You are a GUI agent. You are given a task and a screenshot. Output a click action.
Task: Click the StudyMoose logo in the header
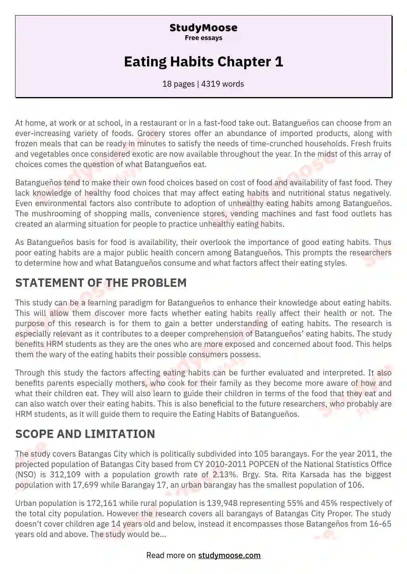[x=203, y=28]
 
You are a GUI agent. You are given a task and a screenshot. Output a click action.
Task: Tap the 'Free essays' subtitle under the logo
[x=203, y=38]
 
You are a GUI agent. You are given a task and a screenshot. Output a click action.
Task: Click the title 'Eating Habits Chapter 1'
[x=203, y=62]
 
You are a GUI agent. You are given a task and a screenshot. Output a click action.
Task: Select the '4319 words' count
[x=223, y=84]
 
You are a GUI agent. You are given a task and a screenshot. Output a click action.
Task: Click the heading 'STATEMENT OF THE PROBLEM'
[x=101, y=283]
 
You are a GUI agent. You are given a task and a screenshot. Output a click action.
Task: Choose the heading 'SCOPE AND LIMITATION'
[x=85, y=434]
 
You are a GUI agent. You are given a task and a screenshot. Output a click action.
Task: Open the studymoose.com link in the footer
[x=229, y=555]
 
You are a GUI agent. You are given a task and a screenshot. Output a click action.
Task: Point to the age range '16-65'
[x=380, y=524]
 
